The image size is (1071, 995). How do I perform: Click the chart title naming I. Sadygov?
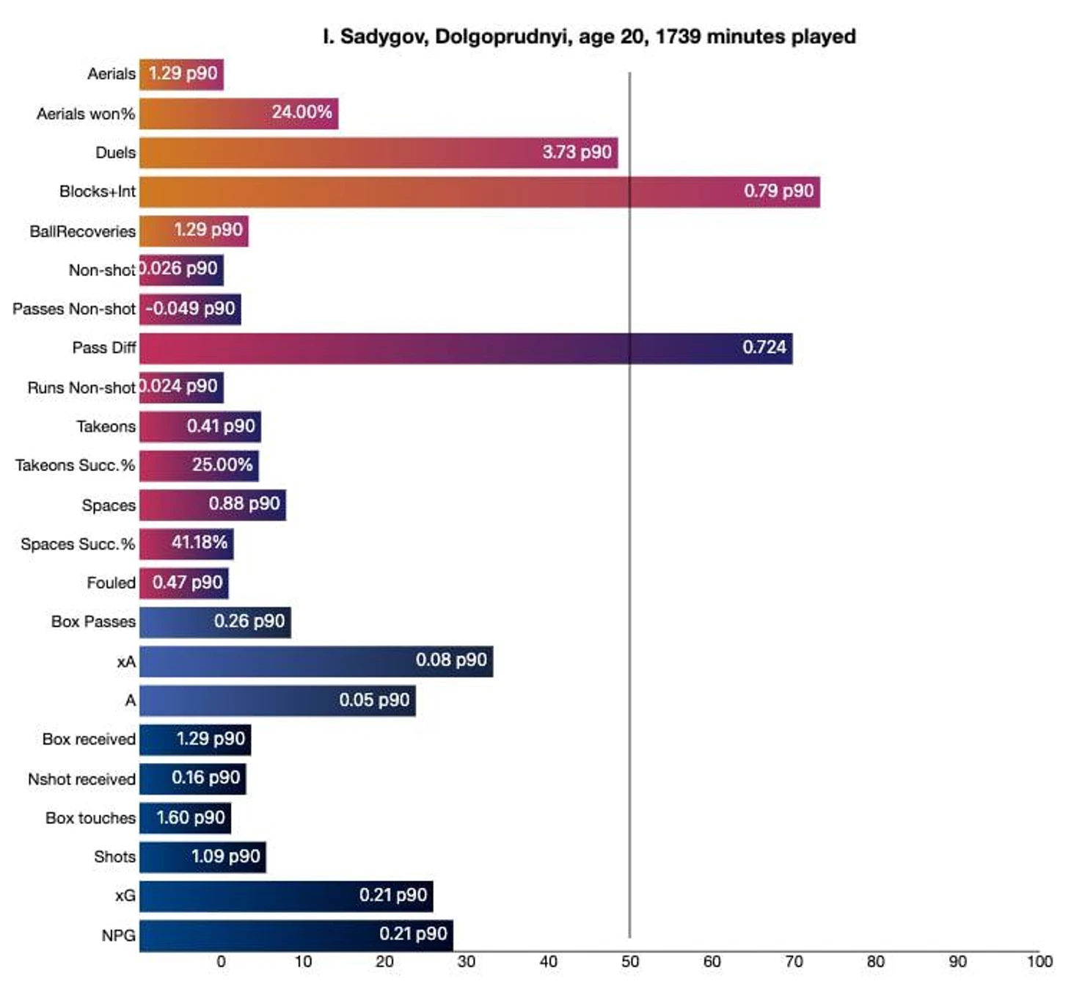589,37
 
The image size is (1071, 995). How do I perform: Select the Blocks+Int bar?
479,192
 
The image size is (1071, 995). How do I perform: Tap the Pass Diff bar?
465,348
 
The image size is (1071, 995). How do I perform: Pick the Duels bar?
378,153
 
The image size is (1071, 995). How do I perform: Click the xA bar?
315,661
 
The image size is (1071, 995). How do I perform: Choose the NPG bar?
296,935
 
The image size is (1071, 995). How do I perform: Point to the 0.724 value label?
764,347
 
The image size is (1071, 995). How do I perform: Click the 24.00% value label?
301,112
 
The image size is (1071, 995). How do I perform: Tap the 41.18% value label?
199,542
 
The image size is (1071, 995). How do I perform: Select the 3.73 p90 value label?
577,152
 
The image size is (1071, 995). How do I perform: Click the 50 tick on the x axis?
629,962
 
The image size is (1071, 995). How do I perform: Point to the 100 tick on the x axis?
1039,962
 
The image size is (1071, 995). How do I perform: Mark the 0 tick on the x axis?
221,962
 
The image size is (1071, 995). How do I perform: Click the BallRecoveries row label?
82,231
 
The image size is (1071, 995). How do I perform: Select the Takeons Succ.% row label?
75,465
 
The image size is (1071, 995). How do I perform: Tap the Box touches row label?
90,818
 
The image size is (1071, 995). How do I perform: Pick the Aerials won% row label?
86,114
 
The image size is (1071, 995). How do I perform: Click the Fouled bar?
183,583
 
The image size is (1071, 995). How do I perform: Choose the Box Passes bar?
215,622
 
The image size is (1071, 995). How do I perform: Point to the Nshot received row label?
81,779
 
